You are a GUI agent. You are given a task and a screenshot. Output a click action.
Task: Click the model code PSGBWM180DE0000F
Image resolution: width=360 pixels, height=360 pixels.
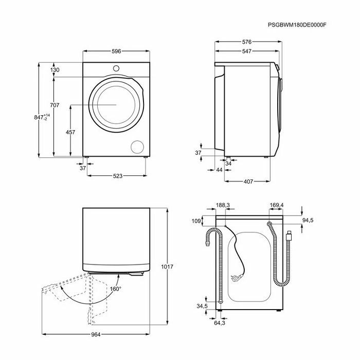(x=297, y=25)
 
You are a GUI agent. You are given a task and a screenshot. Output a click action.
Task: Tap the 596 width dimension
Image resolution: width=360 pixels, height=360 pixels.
(x=116, y=51)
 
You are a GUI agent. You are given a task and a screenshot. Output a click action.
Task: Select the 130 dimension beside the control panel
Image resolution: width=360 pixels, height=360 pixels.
(x=55, y=69)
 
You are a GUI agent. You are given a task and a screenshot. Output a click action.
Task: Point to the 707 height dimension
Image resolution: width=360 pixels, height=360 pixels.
(x=55, y=105)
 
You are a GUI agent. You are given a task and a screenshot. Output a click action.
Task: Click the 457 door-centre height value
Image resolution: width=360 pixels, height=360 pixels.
(x=70, y=132)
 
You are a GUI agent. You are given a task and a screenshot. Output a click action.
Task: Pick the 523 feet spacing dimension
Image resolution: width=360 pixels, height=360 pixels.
(x=118, y=176)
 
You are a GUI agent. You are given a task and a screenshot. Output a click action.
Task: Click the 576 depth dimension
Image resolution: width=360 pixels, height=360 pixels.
(x=247, y=42)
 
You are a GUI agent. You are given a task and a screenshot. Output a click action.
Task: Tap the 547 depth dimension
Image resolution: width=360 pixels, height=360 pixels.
(x=247, y=51)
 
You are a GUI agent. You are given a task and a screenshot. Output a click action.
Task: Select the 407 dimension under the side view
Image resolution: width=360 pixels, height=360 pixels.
(x=248, y=182)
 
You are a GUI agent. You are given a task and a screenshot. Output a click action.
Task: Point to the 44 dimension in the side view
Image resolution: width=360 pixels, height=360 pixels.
(x=219, y=170)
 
